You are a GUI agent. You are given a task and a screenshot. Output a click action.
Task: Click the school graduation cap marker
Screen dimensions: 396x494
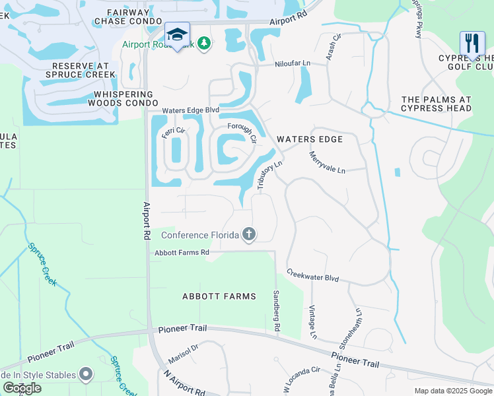click(177, 34)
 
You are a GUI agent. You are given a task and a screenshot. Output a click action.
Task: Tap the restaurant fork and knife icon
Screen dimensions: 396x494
click(472, 44)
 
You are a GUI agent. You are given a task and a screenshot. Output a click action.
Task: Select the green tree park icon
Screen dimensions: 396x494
click(205, 44)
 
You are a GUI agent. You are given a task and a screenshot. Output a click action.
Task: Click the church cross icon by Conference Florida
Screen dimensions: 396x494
click(249, 234)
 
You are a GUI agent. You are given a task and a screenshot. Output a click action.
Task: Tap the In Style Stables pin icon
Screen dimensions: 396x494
click(86, 375)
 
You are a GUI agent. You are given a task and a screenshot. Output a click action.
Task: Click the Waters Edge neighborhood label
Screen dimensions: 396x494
click(310, 139)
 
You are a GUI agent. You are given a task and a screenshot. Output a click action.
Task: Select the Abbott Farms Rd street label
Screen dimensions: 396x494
click(182, 253)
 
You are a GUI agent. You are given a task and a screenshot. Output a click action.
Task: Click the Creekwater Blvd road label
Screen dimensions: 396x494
click(312, 276)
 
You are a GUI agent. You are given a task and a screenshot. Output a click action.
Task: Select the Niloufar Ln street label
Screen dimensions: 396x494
click(293, 64)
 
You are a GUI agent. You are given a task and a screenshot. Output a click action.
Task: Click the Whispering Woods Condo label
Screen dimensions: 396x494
click(123, 99)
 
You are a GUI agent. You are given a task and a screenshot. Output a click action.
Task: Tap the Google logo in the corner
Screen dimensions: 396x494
click(22, 388)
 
